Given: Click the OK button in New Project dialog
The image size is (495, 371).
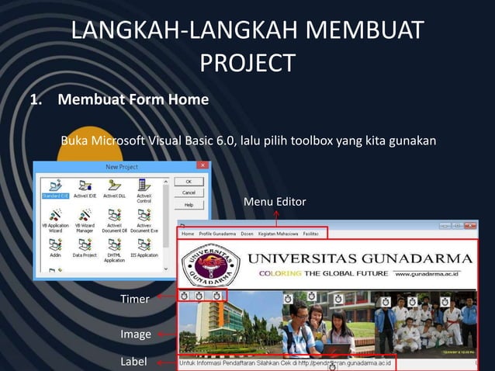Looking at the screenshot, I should tap(189, 180).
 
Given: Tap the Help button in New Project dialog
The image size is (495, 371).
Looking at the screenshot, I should tap(189, 205).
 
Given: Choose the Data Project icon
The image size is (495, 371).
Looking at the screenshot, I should tap(85, 247).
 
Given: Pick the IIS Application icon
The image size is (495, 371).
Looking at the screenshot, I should tap(144, 247).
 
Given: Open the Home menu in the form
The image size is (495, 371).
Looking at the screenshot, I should tap(187, 233).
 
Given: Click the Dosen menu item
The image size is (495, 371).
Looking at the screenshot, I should tap(247, 233).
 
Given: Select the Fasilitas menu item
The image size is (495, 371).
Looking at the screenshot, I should tap(310, 233).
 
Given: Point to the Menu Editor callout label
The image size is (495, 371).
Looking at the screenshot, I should tap(275, 202).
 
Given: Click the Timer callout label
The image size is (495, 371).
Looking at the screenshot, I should tap(135, 299).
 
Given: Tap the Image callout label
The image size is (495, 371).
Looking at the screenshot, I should tap(135, 335).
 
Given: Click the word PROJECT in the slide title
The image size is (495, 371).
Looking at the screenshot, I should tap(247, 62).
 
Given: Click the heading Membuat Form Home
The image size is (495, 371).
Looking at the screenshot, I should tap(133, 100).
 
